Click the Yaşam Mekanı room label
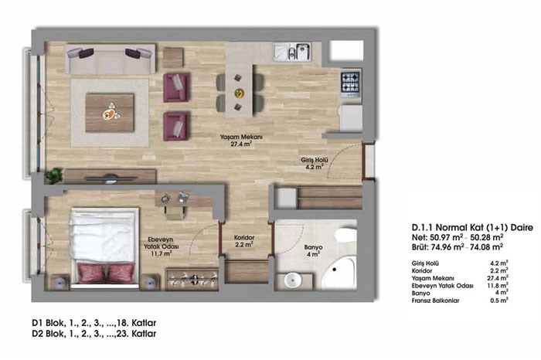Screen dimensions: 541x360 241,141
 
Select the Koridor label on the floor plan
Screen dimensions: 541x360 244,241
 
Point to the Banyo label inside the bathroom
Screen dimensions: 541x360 313,250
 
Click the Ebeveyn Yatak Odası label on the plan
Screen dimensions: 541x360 161,246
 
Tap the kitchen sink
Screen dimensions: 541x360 293,52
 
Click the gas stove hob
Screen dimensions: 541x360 351,84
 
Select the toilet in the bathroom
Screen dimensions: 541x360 346,236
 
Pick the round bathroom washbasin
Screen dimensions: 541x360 293,280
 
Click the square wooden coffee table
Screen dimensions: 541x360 110,113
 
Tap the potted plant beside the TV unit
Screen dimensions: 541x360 54,175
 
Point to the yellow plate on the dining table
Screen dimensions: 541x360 239,93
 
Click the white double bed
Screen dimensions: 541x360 104,247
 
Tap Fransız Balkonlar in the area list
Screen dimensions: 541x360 435,301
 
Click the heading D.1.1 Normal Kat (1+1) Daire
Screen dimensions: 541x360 472,228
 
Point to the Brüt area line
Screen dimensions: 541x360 458,246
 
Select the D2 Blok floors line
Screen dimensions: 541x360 94,334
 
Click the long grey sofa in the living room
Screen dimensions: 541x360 110,59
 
